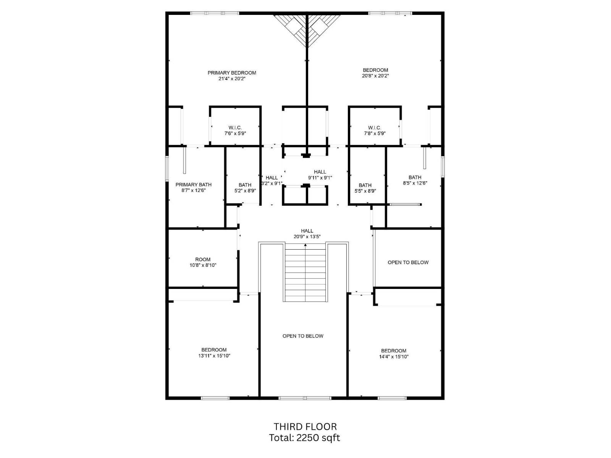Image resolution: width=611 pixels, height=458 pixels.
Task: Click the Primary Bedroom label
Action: coord(232,73)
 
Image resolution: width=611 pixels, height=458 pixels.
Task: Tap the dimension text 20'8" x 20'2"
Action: coord(375,76)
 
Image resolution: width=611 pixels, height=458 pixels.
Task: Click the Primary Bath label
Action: coord(194,185)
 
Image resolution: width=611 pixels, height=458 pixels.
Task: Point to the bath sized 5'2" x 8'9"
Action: coord(245,188)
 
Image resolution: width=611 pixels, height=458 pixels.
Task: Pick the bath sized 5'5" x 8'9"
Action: coord(365,188)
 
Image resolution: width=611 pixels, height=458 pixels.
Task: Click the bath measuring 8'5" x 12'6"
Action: coord(415,180)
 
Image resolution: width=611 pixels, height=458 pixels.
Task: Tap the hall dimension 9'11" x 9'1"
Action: coord(320,178)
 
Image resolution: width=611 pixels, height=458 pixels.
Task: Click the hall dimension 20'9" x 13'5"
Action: coord(307,237)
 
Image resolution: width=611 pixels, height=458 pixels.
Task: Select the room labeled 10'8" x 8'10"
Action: coord(203,262)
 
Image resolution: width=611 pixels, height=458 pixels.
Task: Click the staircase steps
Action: coord(305,273)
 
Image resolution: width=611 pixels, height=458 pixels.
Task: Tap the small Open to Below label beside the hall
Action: coord(408,263)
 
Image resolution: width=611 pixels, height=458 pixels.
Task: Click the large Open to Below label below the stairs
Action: coord(303,336)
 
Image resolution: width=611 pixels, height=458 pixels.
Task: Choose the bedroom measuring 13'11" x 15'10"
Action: coord(214,353)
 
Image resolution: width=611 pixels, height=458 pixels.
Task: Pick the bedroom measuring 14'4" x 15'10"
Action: coord(393,354)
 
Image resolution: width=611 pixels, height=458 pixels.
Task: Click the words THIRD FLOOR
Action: coord(305,427)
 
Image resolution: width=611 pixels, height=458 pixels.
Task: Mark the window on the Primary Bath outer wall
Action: coord(167,168)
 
